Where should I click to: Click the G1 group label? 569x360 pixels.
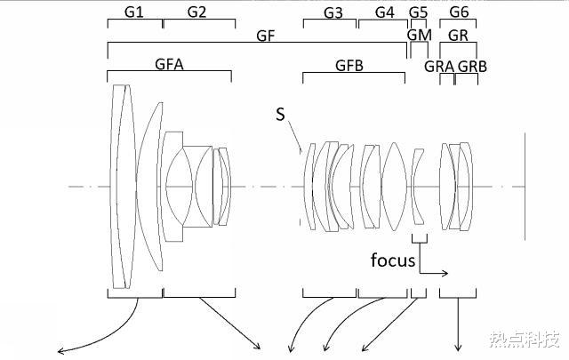(134, 12)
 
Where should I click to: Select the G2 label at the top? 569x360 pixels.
(197, 12)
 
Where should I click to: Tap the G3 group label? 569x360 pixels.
(333, 13)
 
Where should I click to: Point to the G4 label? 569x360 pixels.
(385, 12)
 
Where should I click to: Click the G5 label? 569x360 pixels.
(419, 12)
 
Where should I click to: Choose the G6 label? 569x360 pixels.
(459, 12)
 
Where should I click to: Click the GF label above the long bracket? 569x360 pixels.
(266, 36)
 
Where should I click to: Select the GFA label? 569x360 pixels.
(169, 64)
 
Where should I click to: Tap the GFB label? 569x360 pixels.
(349, 66)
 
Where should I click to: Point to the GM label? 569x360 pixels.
(420, 36)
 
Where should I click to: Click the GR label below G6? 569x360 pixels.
(458, 36)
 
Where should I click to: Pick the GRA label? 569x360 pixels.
(439, 67)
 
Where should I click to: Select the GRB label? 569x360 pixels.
(472, 67)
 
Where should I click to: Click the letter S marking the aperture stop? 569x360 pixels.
(281, 115)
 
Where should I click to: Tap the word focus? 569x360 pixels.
(393, 260)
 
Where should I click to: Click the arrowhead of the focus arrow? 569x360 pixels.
(446, 273)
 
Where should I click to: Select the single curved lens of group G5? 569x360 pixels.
(418, 187)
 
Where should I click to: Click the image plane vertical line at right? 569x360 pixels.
(525, 187)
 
